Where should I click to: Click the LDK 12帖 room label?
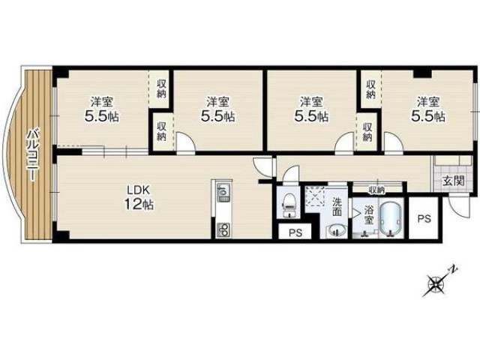pos(139,198)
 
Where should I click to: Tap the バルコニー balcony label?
pos(33,155)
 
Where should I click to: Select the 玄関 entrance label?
pos(453,181)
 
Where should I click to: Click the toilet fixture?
pos(287,205)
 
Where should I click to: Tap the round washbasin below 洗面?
pos(337,230)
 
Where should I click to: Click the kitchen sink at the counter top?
pos(223,192)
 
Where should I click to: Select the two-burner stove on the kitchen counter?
pos(223,229)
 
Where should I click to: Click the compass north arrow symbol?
pos(439,282)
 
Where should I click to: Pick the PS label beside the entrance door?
pos(424,218)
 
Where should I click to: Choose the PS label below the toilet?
pos(295,232)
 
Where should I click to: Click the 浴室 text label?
pos(368,215)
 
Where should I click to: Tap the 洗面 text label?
pos(337,207)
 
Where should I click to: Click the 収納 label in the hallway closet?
pos(376,190)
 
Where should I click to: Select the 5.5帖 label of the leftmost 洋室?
pos(102,116)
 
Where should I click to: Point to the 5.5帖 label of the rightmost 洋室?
pos(428,116)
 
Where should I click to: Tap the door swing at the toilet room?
pos(290,174)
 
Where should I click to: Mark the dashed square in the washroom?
pos(314,196)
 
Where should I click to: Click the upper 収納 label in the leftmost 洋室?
pos(161,88)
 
